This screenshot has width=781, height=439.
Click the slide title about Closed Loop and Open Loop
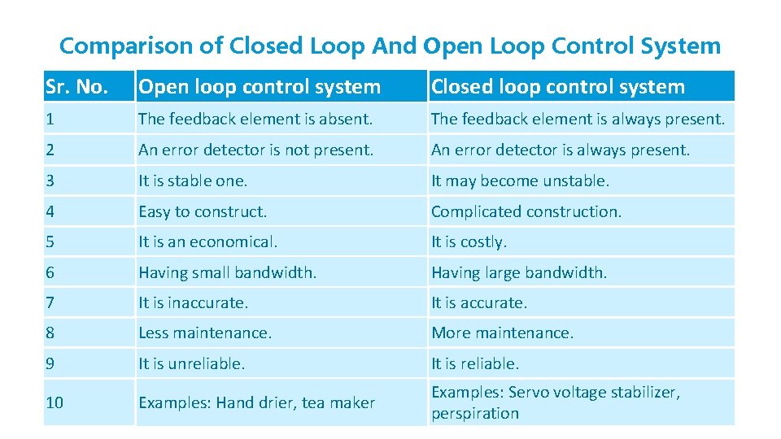390,46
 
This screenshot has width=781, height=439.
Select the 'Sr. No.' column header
76,86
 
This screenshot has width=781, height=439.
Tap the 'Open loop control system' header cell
260,86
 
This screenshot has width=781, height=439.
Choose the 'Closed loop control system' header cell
558,86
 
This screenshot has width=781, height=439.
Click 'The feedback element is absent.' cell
255,119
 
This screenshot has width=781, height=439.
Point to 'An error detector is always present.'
560,150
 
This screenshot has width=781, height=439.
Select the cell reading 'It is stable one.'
193,180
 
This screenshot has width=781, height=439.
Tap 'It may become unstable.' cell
520,180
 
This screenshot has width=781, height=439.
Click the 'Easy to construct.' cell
203,211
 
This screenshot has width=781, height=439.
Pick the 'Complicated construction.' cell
526,211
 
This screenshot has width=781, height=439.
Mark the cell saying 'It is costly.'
469,241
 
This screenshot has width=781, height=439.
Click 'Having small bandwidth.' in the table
227,272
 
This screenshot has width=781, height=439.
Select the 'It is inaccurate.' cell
193,302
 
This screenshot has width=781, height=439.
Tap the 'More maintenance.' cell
502,333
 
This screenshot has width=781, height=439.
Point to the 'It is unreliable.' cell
191,363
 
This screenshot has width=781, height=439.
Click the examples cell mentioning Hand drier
256,402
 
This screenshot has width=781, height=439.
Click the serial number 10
55,402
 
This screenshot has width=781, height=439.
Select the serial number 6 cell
50,272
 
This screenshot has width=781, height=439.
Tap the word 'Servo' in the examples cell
529,392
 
